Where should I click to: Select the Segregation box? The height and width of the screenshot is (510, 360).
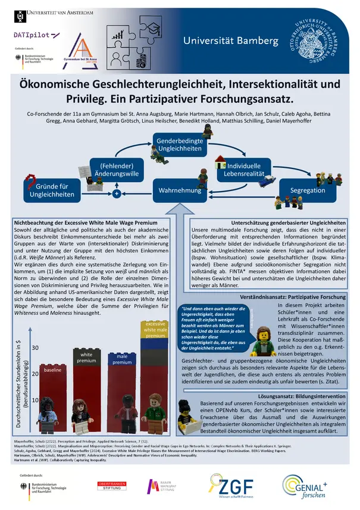307,190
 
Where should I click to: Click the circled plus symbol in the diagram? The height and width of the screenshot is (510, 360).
117,194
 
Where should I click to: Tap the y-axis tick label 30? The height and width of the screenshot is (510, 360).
35,347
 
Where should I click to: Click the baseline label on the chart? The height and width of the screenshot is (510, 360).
52,370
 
